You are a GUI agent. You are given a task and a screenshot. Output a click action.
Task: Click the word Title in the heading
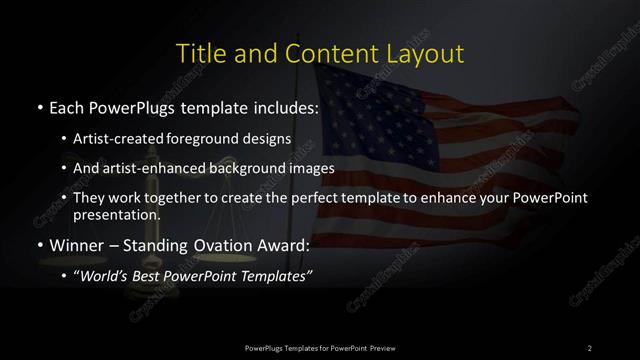click(201, 53)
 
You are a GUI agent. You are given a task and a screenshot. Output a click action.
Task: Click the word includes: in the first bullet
click(285, 106)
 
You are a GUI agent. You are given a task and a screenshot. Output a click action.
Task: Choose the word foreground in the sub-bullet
click(218, 139)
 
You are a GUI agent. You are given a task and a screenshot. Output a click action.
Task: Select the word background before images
click(260, 169)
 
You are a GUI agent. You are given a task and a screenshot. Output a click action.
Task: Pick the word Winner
click(76, 245)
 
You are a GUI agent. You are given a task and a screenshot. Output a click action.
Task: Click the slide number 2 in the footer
click(590, 347)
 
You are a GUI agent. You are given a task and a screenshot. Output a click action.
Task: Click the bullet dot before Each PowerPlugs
click(38, 106)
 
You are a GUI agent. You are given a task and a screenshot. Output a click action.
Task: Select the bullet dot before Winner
click(38, 245)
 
